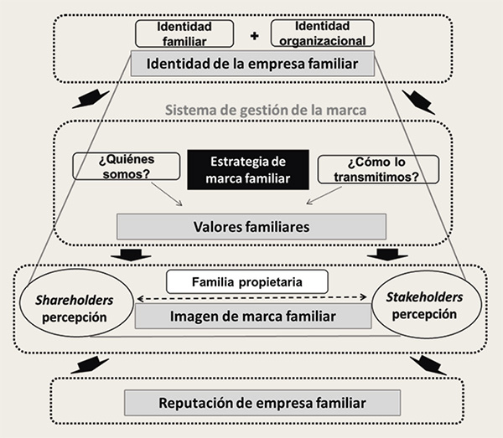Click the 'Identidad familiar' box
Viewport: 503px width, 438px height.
(184, 33)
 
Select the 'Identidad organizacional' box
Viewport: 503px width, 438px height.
(323, 33)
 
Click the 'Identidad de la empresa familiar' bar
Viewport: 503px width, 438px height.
(252, 63)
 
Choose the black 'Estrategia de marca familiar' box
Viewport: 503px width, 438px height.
(248, 168)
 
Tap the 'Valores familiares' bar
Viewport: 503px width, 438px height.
(251, 226)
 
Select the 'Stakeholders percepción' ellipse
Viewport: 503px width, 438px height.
(422, 306)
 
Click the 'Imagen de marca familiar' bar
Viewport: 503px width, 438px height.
(252, 316)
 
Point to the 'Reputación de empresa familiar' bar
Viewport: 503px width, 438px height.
(251, 403)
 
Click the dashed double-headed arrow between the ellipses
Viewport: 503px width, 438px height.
(252, 297)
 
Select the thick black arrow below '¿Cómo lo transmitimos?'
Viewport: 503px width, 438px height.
(390, 254)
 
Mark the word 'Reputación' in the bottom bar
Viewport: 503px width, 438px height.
(191, 403)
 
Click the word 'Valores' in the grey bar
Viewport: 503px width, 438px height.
(220, 226)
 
